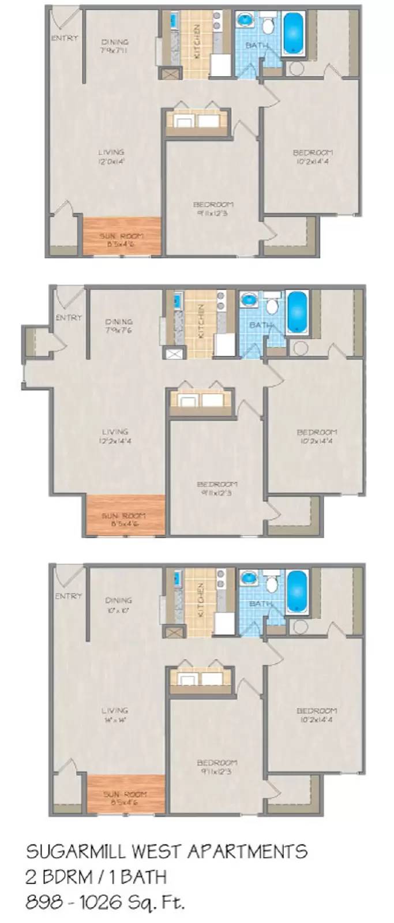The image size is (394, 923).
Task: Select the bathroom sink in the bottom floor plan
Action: click(x=249, y=577)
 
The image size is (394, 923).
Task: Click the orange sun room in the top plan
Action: click(x=121, y=235)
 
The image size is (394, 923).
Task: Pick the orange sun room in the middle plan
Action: click(x=125, y=515)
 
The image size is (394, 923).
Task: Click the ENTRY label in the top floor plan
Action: click(x=64, y=39)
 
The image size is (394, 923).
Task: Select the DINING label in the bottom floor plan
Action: click(x=118, y=600)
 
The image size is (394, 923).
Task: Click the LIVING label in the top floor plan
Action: click(x=111, y=152)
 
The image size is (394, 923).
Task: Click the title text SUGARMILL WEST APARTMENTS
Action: click(x=167, y=851)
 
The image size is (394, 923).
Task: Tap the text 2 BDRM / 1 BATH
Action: click(x=96, y=877)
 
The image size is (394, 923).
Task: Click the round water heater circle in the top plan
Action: click(x=296, y=69)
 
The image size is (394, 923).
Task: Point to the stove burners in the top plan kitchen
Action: click(x=217, y=21)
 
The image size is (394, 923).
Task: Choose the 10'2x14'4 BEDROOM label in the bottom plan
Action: click(x=316, y=715)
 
